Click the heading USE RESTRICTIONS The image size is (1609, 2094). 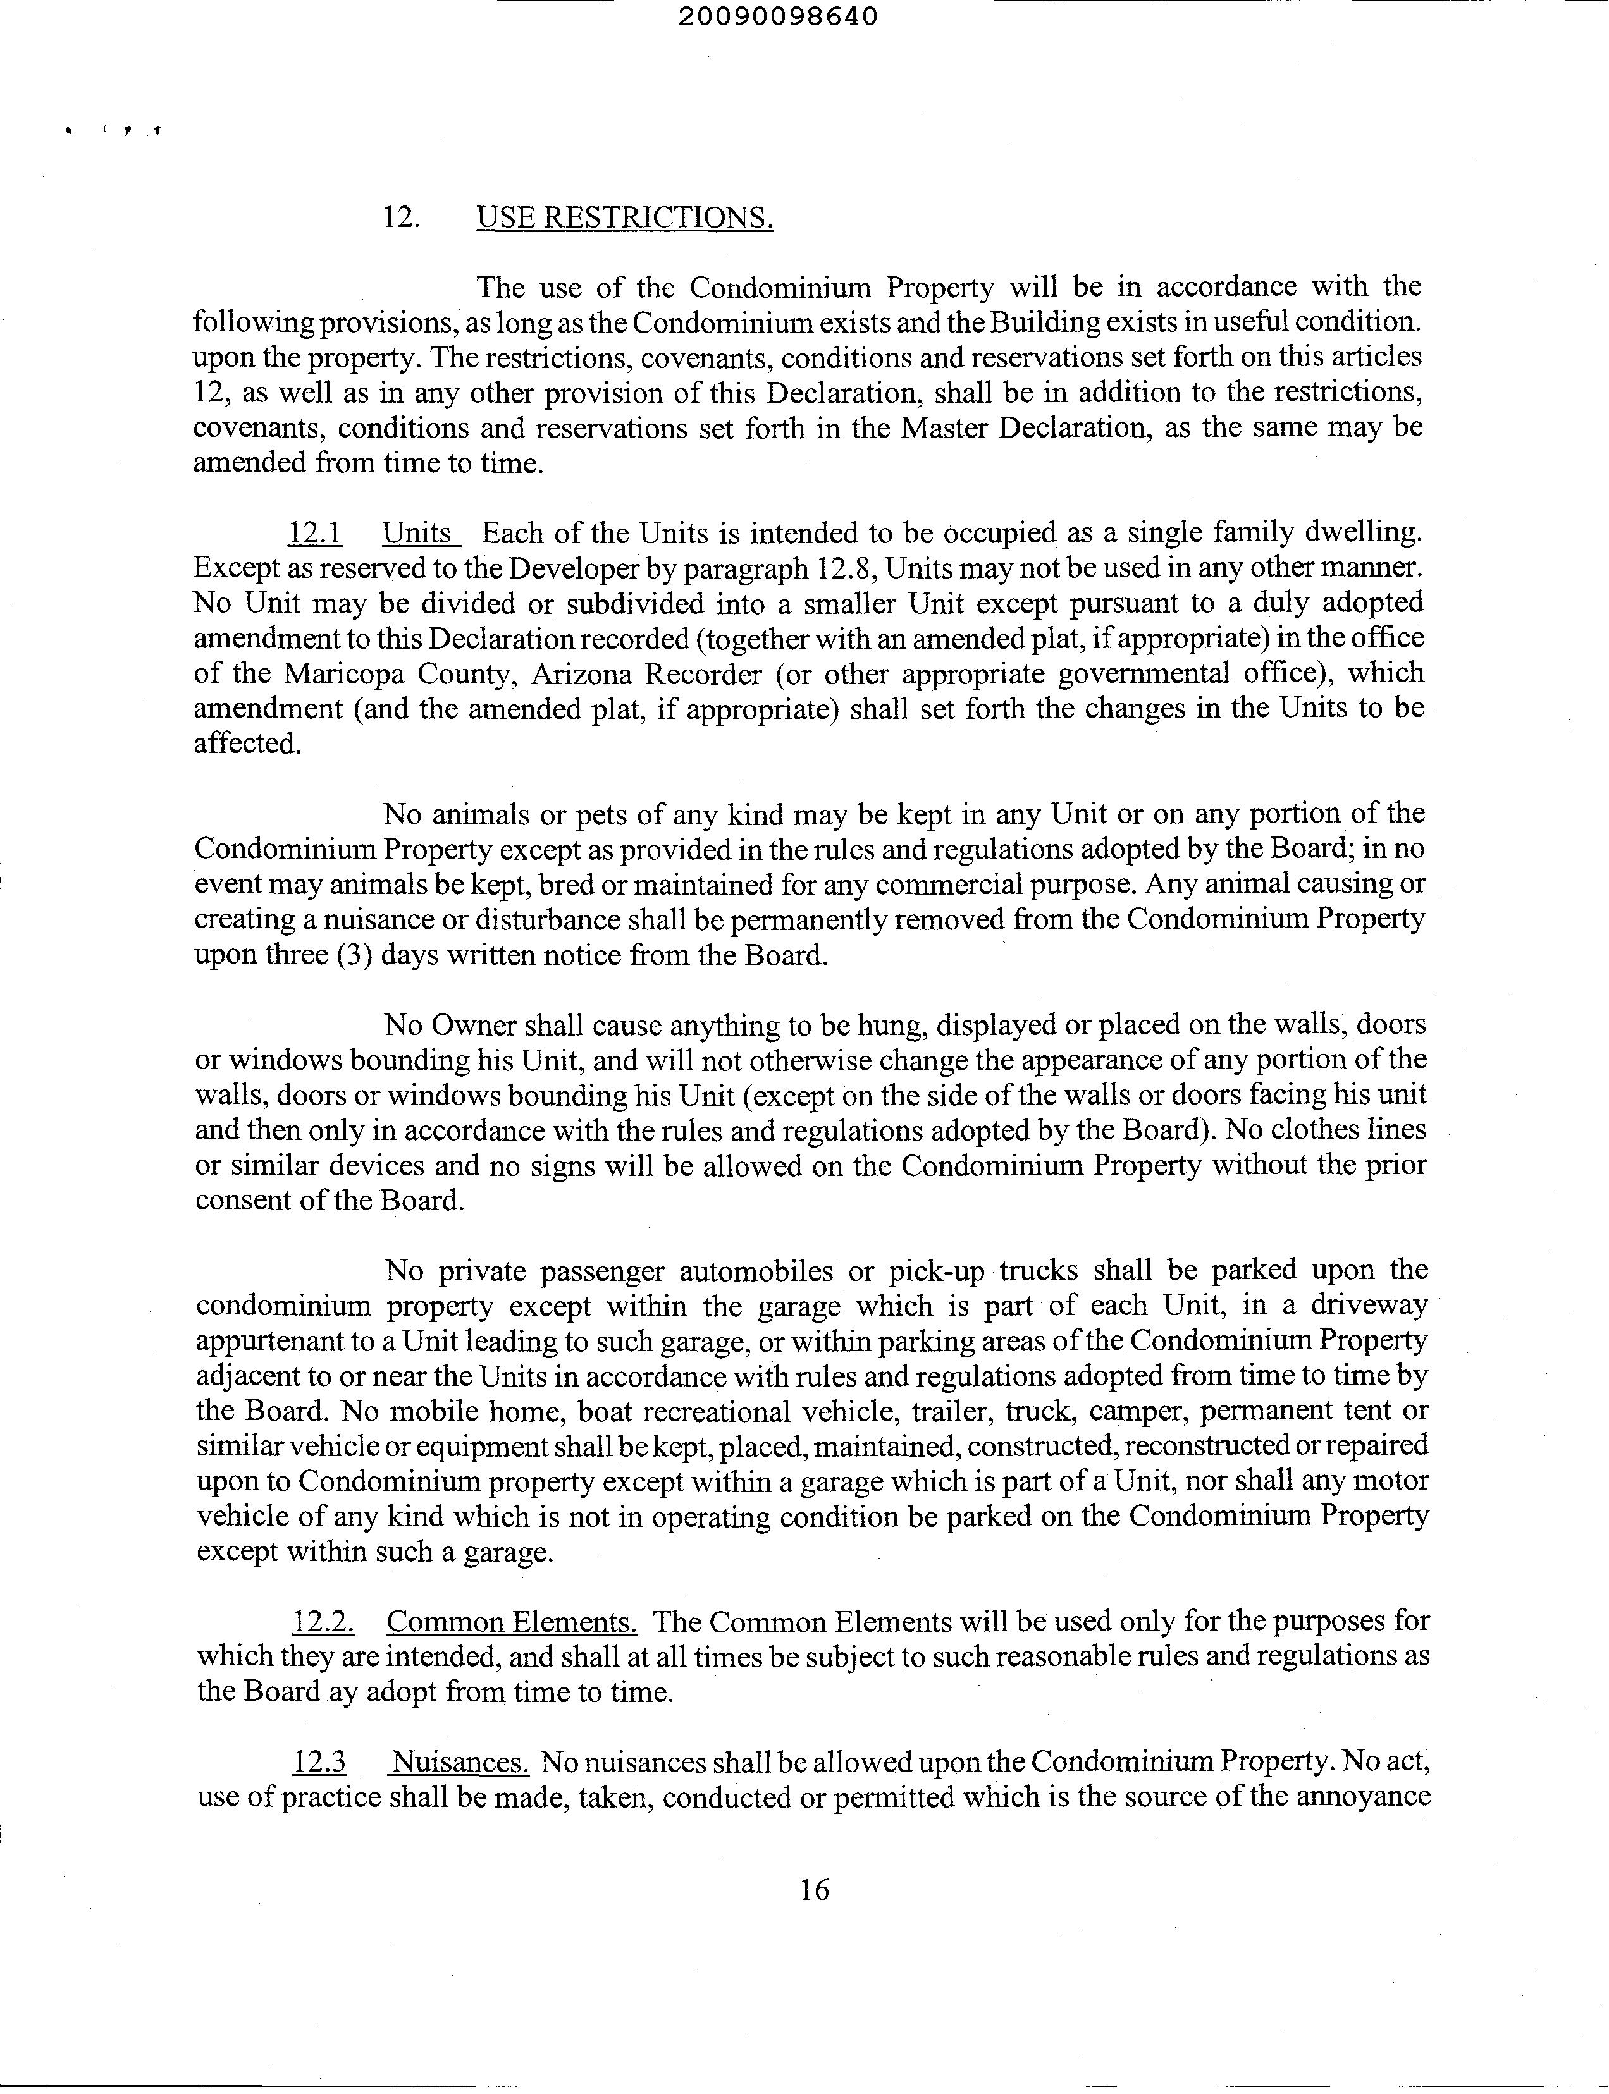624,218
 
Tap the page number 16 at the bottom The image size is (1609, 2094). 813,1889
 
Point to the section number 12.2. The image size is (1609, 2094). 323,1622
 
